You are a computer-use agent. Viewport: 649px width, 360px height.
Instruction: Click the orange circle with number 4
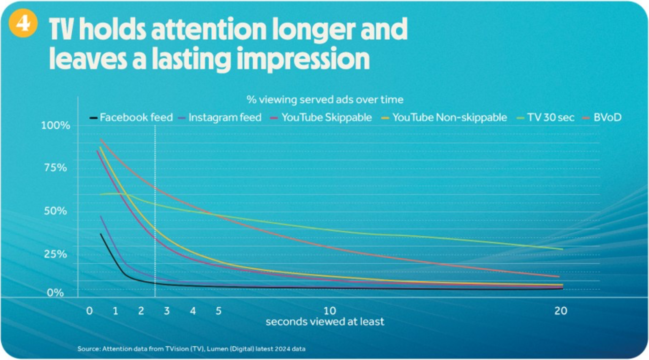[23, 23]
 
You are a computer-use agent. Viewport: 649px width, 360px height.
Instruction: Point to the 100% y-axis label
[55, 125]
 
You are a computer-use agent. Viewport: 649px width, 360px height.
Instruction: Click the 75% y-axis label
[55, 168]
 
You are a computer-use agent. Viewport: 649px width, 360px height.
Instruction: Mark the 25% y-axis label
[55, 254]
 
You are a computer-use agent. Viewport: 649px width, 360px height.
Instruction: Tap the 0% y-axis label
[55, 293]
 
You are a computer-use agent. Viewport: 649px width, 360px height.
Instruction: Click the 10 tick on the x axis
[330, 311]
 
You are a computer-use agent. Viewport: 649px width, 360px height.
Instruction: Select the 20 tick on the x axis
[561, 311]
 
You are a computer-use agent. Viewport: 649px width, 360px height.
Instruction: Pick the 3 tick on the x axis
[167, 311]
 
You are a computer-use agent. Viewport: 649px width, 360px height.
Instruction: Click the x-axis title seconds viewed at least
[324, 322]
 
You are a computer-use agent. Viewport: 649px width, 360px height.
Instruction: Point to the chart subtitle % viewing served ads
[324, 100]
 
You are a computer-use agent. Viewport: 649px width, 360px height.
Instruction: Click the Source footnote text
[191, 349]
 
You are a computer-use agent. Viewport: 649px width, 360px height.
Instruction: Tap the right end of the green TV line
[562, 249]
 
